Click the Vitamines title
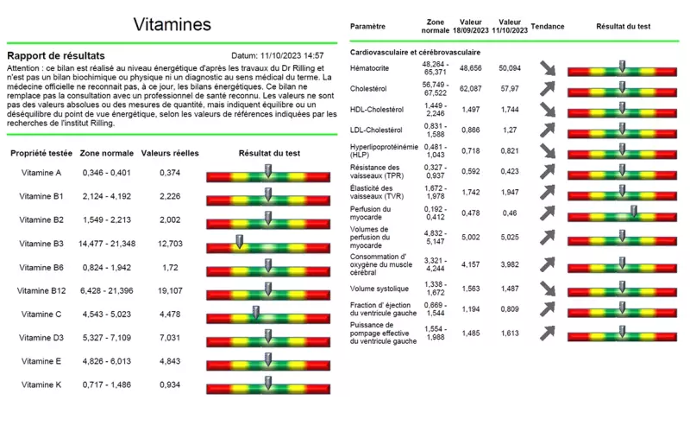click(x=172, y=24)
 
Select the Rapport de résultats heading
click(x=56, y=55)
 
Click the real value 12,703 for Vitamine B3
click(x=170, y=244)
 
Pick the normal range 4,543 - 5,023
click(x=106, y=314)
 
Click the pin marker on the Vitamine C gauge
click(x=255, y=311)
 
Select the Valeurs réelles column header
click(x=170, y=153)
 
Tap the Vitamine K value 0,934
click(x=170, y=384)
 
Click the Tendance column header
click(x=548, y=27)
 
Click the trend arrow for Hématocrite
click(x=548, y=67)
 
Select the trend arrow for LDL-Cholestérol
click(x=548, y=130)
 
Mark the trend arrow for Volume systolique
click(x=548, y=289)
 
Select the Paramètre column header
click(x=368, y=27)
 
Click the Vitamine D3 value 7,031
click(x=170, y=337)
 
